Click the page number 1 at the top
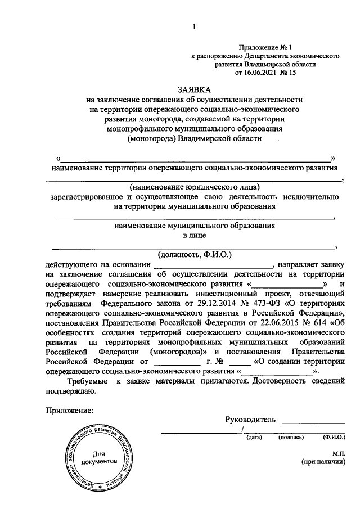[x=193, y=27]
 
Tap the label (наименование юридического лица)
[x=194, y=187]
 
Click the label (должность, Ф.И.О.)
[x=194, y=254]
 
